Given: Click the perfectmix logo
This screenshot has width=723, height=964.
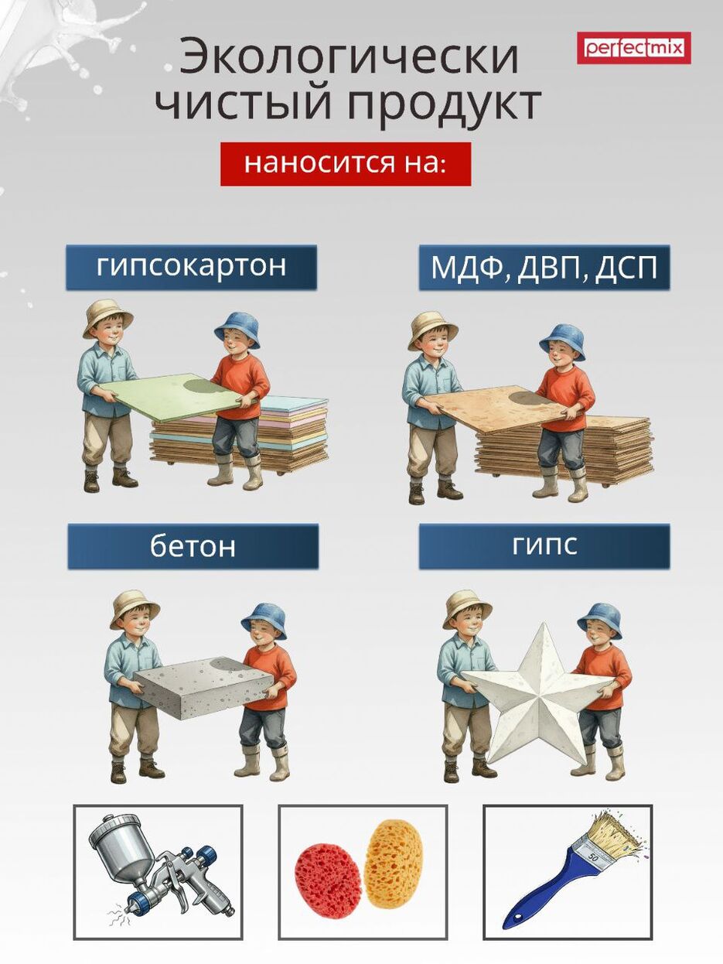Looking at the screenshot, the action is click(x=633, y=48).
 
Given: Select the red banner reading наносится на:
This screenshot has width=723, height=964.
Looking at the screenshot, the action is click(x=346, y=163).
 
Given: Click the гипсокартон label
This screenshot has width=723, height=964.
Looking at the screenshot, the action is click(x=192, y=267).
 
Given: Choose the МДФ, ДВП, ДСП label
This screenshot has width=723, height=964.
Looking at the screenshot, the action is click(x=544, y=267).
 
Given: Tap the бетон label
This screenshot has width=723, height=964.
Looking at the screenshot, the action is click(x=193, y=546).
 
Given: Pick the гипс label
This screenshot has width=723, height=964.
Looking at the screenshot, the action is click(x=544, y=546).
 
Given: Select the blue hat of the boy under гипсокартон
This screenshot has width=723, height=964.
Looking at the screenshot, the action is click(x=237, y=330).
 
